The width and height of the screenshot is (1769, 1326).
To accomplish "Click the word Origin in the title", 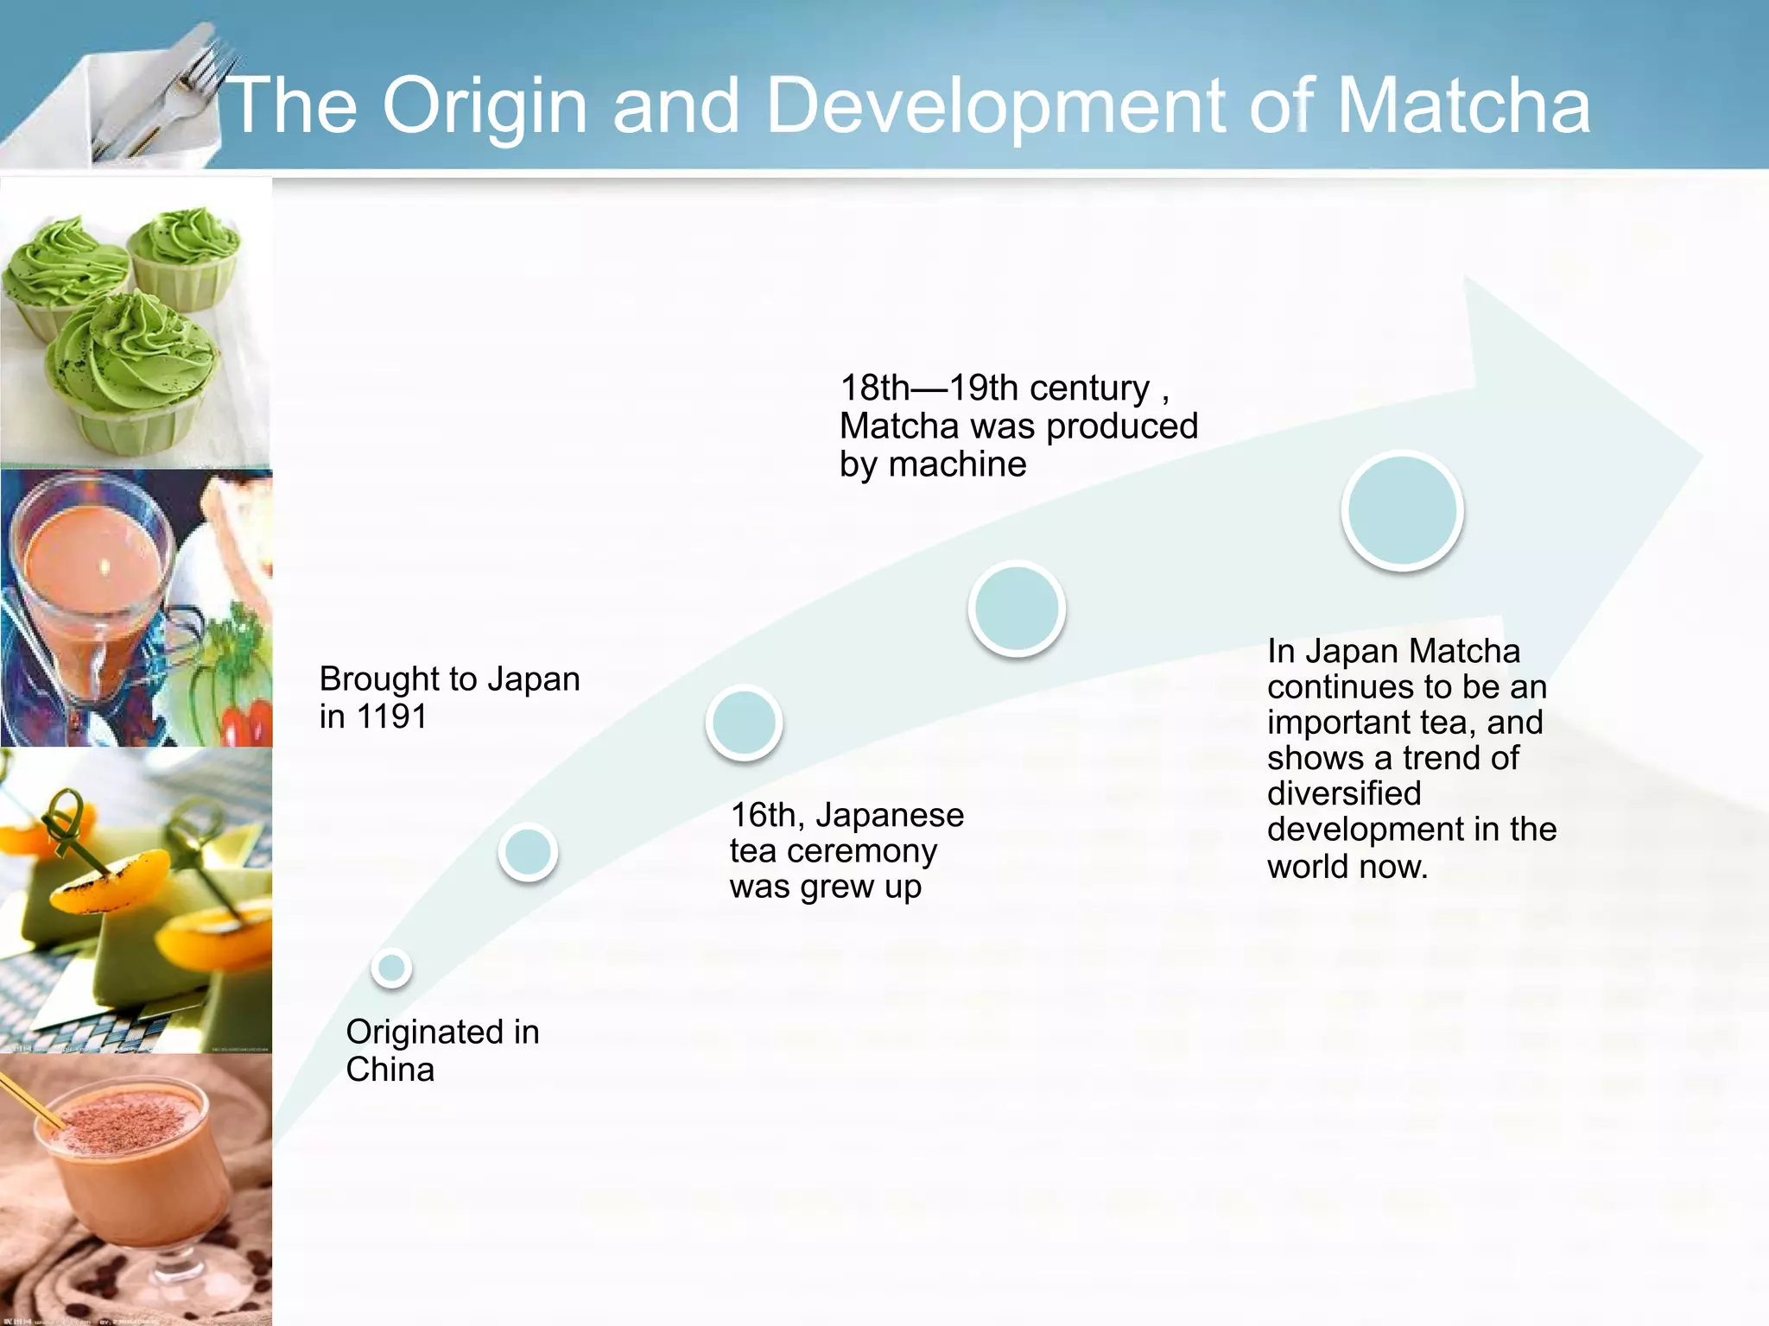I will [485, 107].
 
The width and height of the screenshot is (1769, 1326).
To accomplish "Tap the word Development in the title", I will [994, 107].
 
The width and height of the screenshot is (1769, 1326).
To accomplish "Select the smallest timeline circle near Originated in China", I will [391, 968].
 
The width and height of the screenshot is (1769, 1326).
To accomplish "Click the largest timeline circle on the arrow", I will [1402, 510].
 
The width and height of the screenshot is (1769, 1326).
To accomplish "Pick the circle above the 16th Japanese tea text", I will [744, 723].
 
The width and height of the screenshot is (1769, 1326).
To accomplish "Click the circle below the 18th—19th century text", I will [1017, 609].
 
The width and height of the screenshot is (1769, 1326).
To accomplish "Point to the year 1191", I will [391, 717].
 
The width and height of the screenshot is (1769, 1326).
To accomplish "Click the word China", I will [390, 1070].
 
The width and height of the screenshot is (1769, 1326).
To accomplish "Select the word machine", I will [957, 464].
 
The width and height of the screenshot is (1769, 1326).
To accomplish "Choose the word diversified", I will [1343, 793].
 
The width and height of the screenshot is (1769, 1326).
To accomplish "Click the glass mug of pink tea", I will [91, 587].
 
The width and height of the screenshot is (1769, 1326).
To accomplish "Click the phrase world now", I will [1347, 866].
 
